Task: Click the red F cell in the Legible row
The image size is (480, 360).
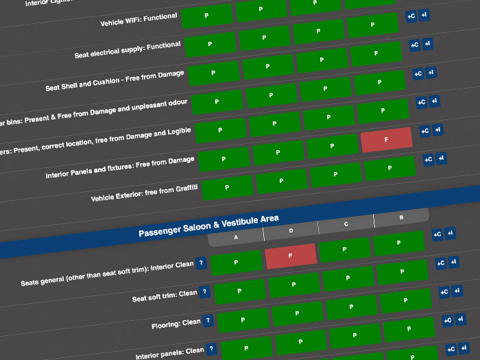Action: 386,139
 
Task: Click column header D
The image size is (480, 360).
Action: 291,230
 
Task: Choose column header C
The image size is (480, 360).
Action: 346,224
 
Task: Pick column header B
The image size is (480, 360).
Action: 401,217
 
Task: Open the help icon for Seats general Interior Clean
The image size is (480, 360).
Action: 200,263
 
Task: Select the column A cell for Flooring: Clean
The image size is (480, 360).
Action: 243,320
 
